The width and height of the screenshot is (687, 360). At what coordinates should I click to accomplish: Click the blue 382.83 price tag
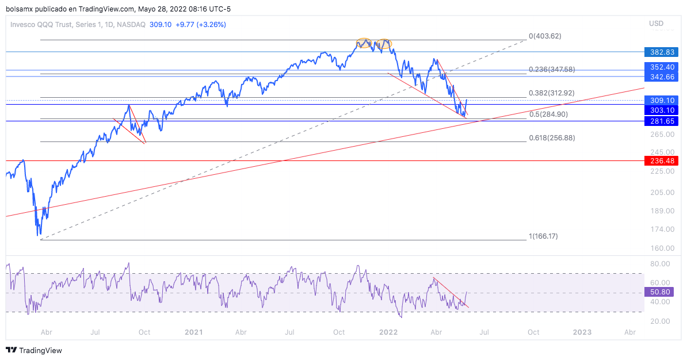pyautogui.click(x=662, y=52)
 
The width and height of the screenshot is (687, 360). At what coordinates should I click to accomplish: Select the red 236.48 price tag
pyautogui.click(x=662, y=162)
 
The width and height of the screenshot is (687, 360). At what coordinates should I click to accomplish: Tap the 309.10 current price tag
pyautogui.click(x=662, y=100)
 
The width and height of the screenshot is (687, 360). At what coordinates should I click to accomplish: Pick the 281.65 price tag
pyautogui.click(x=662, y=121)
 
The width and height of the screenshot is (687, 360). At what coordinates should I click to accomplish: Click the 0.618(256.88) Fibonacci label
pyautogui.click(x=552, y=138)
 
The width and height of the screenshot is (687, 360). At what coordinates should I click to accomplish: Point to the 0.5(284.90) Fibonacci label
pyautogui.click(x=548, y=114)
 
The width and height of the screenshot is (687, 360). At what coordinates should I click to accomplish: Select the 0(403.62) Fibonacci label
pyautogui.click(x=544, y=36)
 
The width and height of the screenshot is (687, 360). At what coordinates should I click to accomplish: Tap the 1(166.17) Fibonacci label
pyautogui.click(x=543, y=236)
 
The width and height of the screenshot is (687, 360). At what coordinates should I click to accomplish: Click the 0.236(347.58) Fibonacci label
pyautogui.click(x=552, y=70)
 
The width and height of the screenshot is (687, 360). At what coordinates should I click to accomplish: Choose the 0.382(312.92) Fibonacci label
pyautogui.click(x=552, y=93)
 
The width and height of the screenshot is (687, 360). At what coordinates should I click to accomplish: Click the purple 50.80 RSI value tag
pyautogui.click(x=659, y=293)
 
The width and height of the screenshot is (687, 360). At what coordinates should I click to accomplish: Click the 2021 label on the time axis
pyautogui.click(x=194, y=332)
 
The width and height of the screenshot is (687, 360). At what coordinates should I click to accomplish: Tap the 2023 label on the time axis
pyautogui.click(x=582, y=332)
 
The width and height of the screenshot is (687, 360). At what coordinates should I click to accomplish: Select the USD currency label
pyautogui.click(x=656, y=24)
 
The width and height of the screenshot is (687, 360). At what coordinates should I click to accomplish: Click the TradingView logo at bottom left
pyautogui.click(x=34, y=350)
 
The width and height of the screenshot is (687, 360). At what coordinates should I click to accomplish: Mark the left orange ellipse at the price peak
pyautogui.click(x=364, y=43)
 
